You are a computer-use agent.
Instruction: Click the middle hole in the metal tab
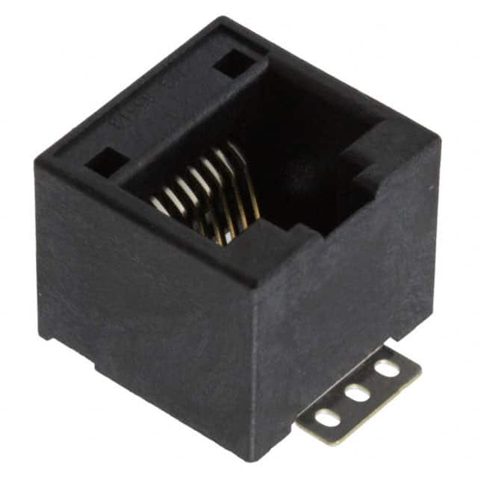[358, 392]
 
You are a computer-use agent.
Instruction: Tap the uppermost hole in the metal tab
[386, 367]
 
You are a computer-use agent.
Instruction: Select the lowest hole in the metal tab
[328, 417]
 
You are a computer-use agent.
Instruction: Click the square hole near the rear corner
[233, 62]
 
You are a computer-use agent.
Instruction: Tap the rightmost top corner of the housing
[438, 138]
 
